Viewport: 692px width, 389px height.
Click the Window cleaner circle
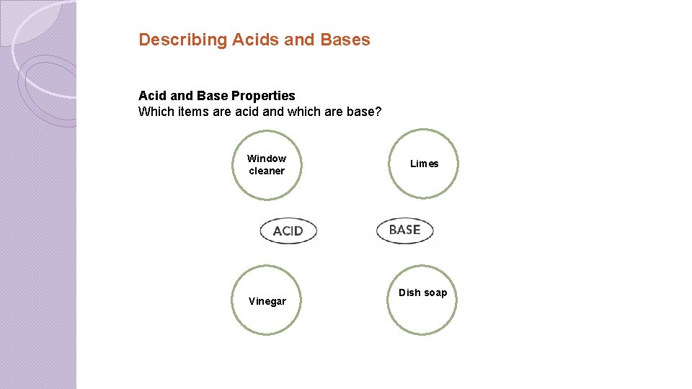[x=267, y=165]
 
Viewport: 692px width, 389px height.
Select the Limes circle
[x=424, y=164]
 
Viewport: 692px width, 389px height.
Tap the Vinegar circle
[x=267, y=301]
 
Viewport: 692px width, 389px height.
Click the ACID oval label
[x=288, y=231]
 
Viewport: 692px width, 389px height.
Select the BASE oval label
[x=404, y=230]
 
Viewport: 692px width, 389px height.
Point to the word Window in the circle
[x=267, y=158]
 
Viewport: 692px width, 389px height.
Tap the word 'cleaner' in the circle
[x=267, y=171]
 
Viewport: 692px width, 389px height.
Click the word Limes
[x=424, y=164]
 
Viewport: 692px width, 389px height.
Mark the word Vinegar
[x=267, y=301]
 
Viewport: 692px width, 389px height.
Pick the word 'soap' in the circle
[x=435, y=292]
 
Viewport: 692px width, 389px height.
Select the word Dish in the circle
[x=409, y=292]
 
